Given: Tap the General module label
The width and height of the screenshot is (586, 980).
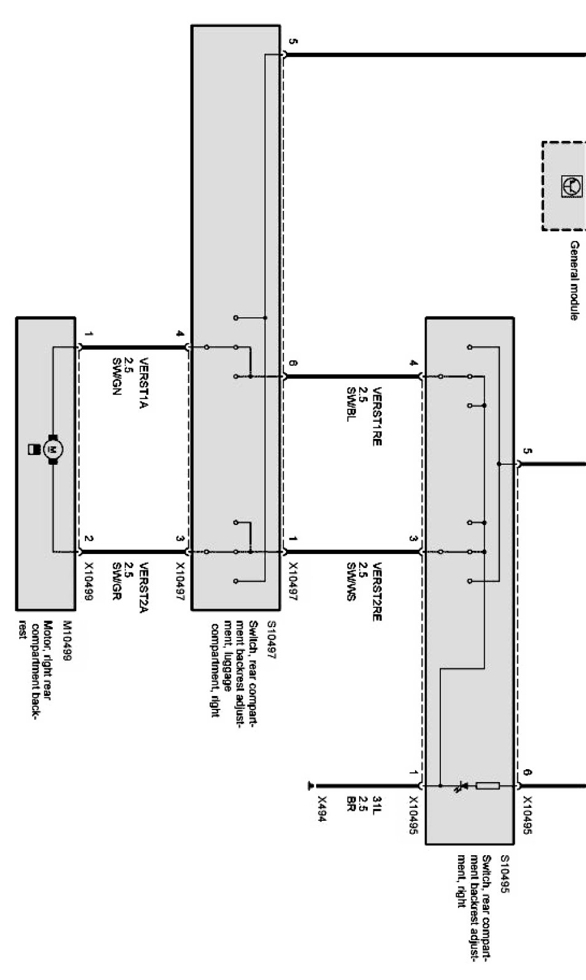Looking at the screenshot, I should coord(574,280).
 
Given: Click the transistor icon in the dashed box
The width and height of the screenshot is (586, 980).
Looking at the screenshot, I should coord(570,184).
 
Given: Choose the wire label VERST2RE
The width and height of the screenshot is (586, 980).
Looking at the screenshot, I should coord(377,591).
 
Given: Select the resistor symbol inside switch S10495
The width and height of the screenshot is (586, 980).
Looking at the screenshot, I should coord(488,785).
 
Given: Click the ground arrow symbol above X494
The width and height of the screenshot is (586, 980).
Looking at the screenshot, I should coord(311,786).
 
